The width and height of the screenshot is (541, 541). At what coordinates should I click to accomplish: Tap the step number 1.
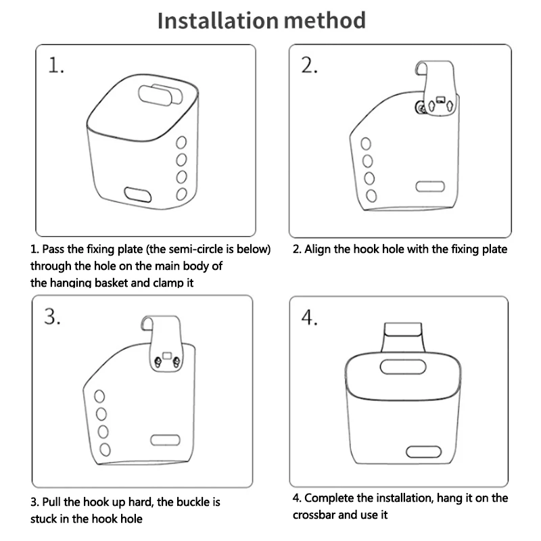coord(55,66)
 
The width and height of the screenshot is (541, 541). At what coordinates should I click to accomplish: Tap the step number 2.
coord(310,66)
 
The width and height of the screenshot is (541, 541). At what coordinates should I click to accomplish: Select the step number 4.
coord(310,318)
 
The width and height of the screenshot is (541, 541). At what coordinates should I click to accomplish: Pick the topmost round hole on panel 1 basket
coord(181,143)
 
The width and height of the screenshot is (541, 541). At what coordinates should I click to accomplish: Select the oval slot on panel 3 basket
coord(162,440)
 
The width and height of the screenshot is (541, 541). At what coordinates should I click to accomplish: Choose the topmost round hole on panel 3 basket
coord(99,397)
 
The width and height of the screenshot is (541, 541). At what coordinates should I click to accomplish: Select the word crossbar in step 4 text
coord(315,514)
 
